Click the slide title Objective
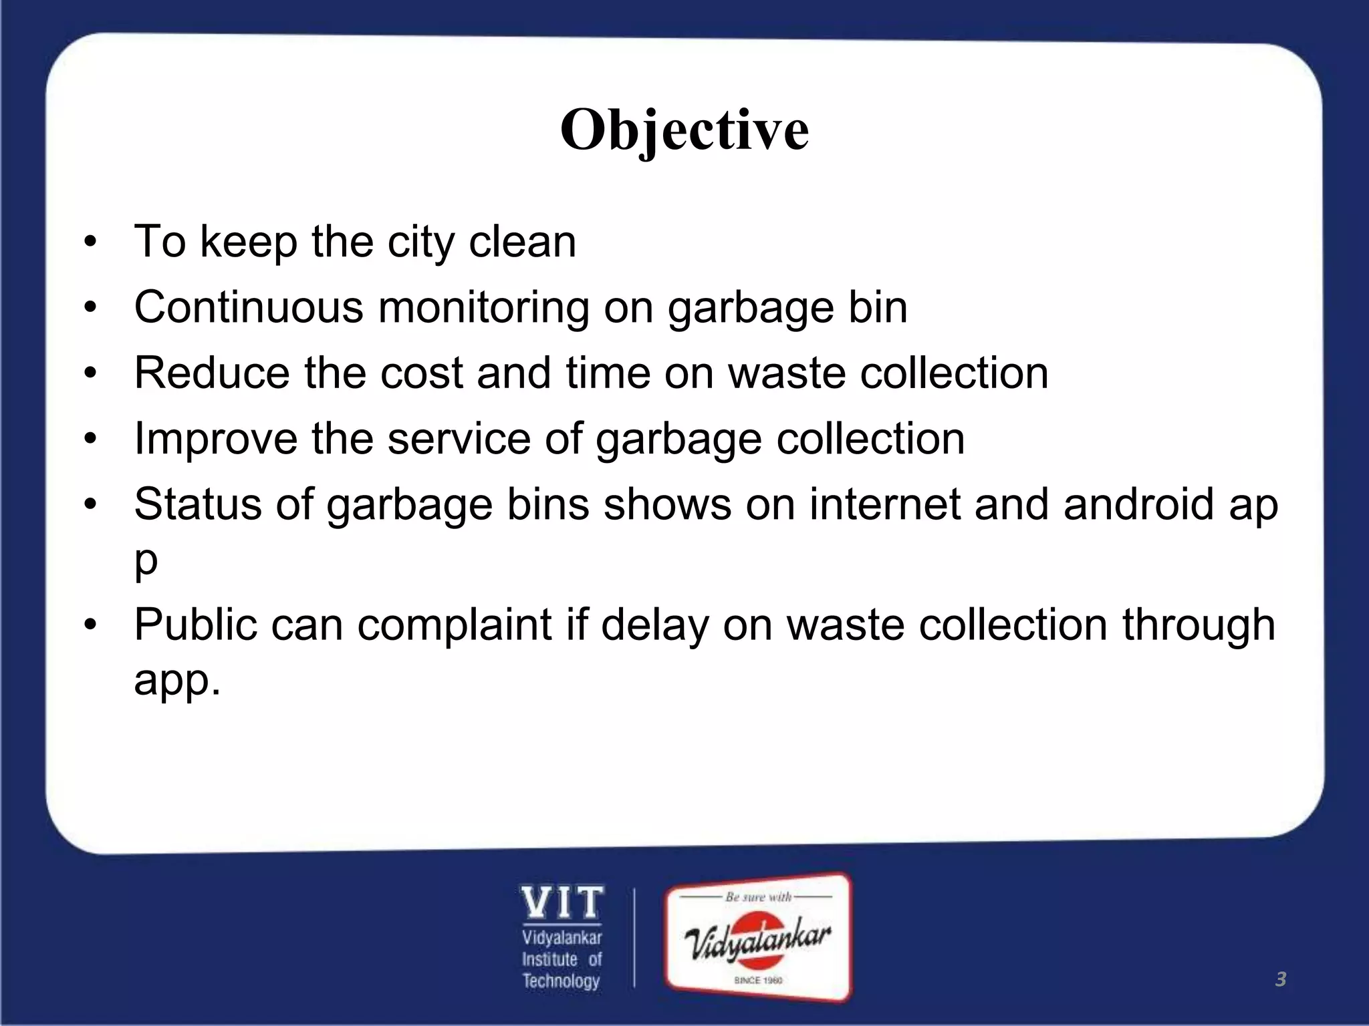point(684,130)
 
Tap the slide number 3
point(1280,979)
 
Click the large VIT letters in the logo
point(562,903)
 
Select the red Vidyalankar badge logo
point(758,938)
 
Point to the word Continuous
point(249,307)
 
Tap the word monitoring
point(483,309)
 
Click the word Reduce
point(211,373)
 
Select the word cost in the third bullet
point(421,373)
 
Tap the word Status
point(198,504)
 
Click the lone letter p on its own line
point(146,562)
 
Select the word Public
point(195,625)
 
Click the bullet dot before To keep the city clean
point(91,242)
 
